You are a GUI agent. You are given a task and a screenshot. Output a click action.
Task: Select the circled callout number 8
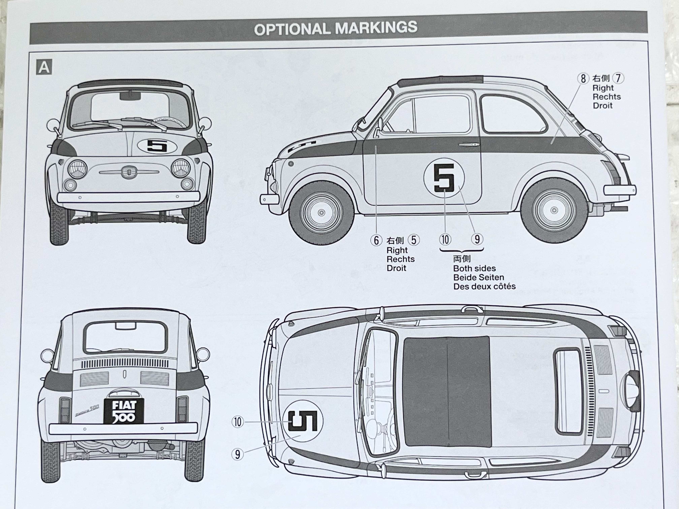click(583, 79)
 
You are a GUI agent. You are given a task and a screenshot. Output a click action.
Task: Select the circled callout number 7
click(618, 79)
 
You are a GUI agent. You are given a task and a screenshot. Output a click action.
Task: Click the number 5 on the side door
click(444, 178)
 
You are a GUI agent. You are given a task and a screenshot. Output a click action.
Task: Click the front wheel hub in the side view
click(321, 213)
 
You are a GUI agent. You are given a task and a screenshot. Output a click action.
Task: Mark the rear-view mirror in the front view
click(130, 96)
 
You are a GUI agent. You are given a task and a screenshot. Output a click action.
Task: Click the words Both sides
click(474, 268)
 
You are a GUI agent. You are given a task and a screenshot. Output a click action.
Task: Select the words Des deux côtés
click(484, 286)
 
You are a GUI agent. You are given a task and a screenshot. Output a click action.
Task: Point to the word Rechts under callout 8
click(607, 97)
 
